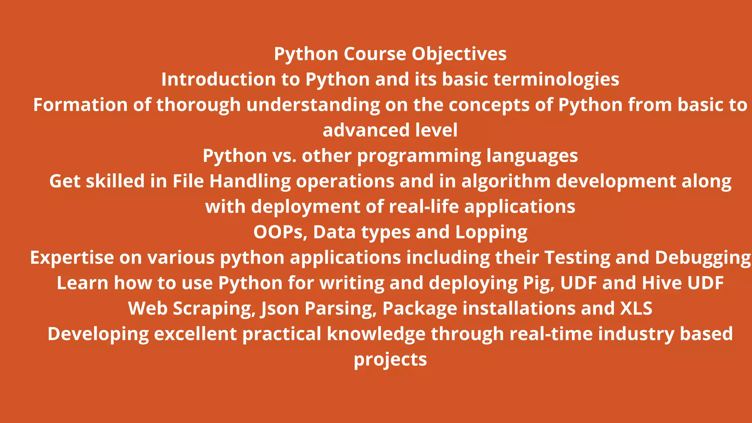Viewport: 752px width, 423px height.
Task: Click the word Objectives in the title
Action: point(459,54)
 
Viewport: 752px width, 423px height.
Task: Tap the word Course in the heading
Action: point(375,54)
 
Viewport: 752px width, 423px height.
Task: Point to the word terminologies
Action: point(556,79)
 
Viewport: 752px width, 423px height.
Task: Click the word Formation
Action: point(80,105)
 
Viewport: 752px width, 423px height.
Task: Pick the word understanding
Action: point(313,105)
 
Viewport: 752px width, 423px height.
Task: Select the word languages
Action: point(532,156)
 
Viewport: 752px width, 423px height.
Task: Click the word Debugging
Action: point(702,258)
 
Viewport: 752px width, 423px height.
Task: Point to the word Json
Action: point(280,308)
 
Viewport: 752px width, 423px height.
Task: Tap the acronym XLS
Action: point(636,308)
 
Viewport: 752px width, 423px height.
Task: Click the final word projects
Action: point(390,360)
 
